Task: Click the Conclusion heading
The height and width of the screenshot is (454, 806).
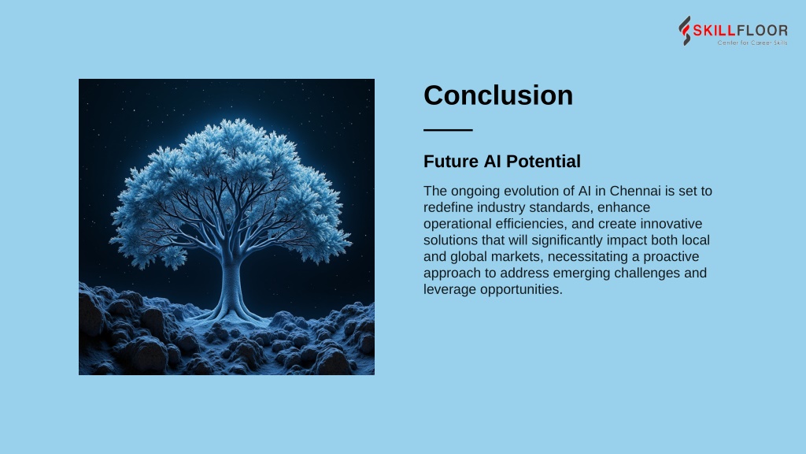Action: pos(498,95)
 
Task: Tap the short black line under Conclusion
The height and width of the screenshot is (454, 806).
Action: pos(448,130)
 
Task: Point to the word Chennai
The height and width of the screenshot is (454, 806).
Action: pos(635,191)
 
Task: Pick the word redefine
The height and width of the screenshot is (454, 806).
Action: pos(448,207)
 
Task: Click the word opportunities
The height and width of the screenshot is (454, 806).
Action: pos(521,290)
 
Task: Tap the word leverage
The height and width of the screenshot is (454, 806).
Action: pos(449,290)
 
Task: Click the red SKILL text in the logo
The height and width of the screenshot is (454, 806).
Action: pos(714,31)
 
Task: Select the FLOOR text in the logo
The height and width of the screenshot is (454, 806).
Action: pos(762,31)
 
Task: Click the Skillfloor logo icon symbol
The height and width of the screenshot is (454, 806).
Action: pos(685,31)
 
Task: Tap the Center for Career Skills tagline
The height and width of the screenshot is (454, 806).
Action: pos(752,43)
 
